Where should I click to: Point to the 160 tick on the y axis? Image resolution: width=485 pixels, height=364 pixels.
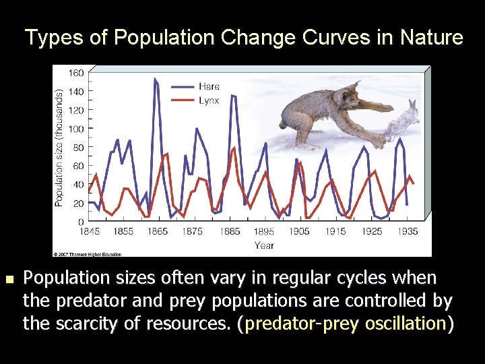pyautogui.click(x=76, y=72)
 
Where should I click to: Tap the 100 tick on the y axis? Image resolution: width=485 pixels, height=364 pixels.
pyautogui.click(x=76, y=128)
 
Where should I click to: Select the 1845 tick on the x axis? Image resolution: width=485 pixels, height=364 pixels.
pyautogui.click(x=89, y=231)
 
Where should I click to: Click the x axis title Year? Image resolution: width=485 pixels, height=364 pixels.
pyautogui.click(x=264, y=245)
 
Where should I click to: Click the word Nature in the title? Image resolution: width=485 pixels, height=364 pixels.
pyautogui.click(x=430, y=38)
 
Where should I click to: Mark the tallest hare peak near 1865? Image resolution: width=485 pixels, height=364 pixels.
pyautogui.click(x=156, y=79)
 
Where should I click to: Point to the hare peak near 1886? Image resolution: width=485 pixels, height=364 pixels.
pyautogui.click(x=233, y=96)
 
